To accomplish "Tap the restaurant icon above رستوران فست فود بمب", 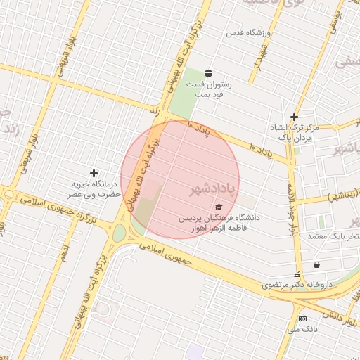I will click(208, 73).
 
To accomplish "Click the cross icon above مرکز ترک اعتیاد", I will click(294, 117).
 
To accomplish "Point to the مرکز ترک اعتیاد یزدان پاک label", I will click(295, 132).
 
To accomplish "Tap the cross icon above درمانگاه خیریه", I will click(94, 173).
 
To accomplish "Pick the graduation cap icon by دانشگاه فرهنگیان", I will click(219, 207).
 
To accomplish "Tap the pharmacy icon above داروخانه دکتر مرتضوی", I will click(297, 274).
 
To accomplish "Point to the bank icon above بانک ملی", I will click(302, 319).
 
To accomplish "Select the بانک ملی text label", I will click(304, 328).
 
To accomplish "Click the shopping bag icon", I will click(317, 265).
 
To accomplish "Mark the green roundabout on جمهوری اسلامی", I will click(120, 232).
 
